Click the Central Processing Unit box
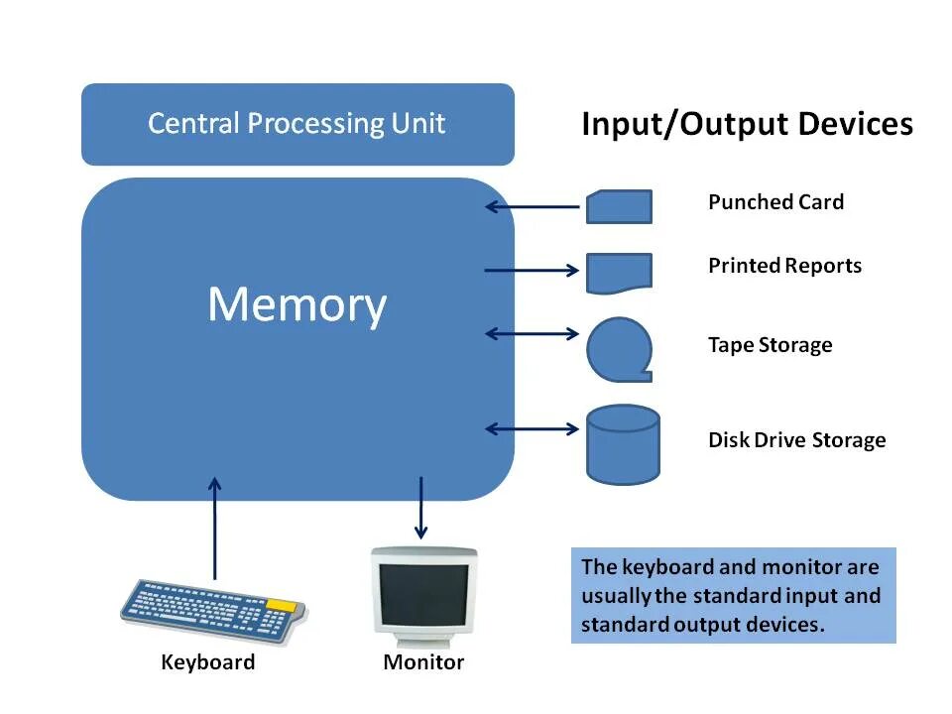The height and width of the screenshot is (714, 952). [297, 125]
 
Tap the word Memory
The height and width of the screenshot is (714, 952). [297, 304]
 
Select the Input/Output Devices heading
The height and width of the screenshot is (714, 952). [748, 125]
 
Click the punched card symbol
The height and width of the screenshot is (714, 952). [619, 206]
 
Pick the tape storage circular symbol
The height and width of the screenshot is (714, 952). [619, 350]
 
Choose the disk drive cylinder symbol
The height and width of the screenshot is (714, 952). [623, 444]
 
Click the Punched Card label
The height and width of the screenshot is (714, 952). [775, 201]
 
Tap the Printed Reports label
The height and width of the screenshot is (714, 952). [785, 266]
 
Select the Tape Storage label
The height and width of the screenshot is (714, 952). [771, 345]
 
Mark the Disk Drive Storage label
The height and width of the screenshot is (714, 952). [797, 439]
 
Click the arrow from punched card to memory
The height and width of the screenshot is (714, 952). [533, 207]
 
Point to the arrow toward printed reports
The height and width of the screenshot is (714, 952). [532, 270]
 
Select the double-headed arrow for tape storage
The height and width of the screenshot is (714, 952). [533, 333]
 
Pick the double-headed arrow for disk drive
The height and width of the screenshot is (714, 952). [533, 429]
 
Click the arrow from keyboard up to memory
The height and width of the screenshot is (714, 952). [214, 529]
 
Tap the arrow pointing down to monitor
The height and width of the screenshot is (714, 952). [420, 508]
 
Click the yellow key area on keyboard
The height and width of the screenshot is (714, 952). [282, 605]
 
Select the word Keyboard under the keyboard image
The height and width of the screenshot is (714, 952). [208, 662]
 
